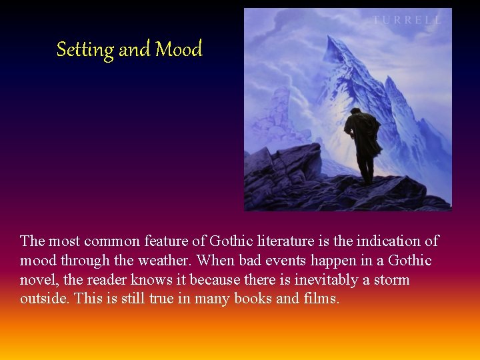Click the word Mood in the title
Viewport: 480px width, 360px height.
pos(179,49)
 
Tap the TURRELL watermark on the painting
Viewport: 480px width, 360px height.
pos(407,20)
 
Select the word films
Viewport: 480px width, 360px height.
pos(321,299)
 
